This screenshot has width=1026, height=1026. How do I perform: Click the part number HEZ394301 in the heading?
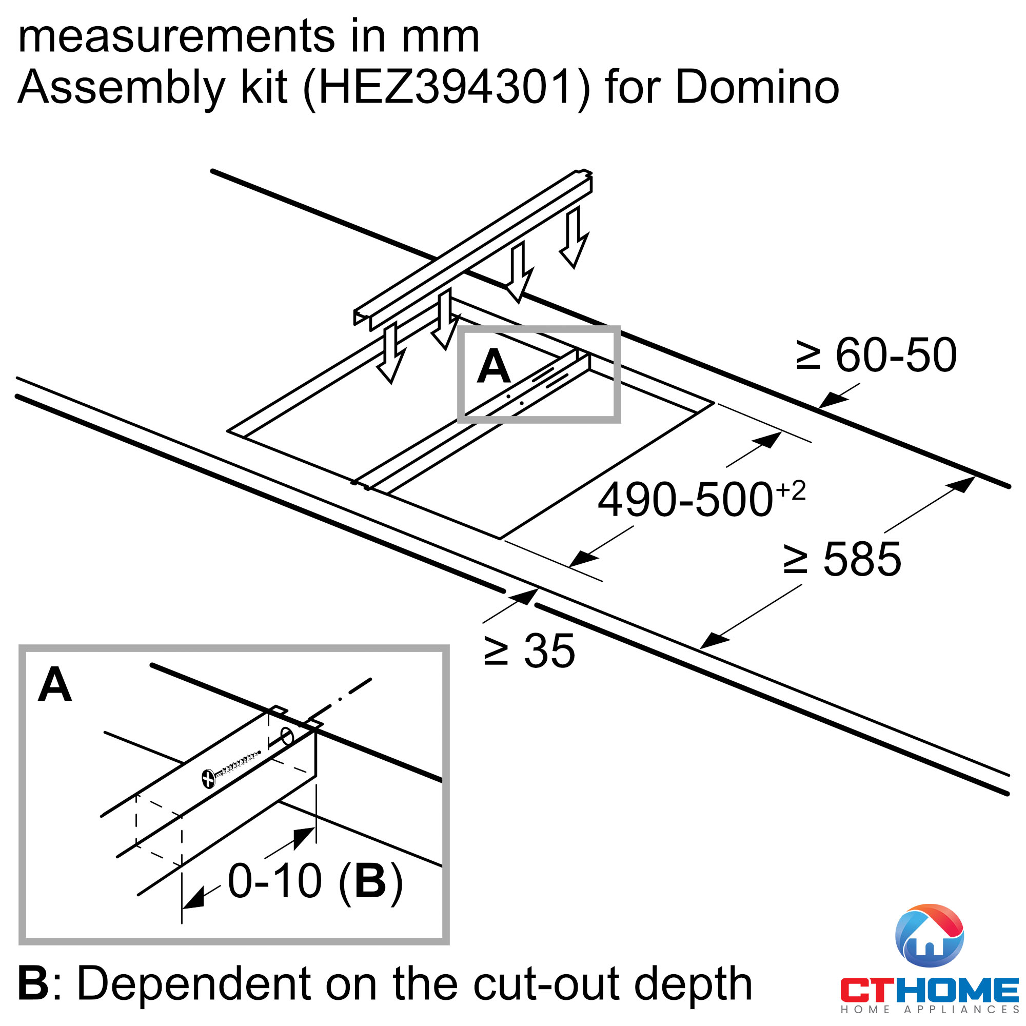[x=447, y=87]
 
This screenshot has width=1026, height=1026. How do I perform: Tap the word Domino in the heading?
[x=757, y=87]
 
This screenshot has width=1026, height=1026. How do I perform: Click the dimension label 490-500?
[x=685, y=500]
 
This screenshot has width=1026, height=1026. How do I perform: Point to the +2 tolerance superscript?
[x=791, y=491]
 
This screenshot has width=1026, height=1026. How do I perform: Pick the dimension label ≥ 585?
[x=842, y=559]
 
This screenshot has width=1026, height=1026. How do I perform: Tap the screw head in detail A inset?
[x=209, y=779]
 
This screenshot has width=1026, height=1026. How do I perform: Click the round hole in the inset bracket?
[x=287, y=737]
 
